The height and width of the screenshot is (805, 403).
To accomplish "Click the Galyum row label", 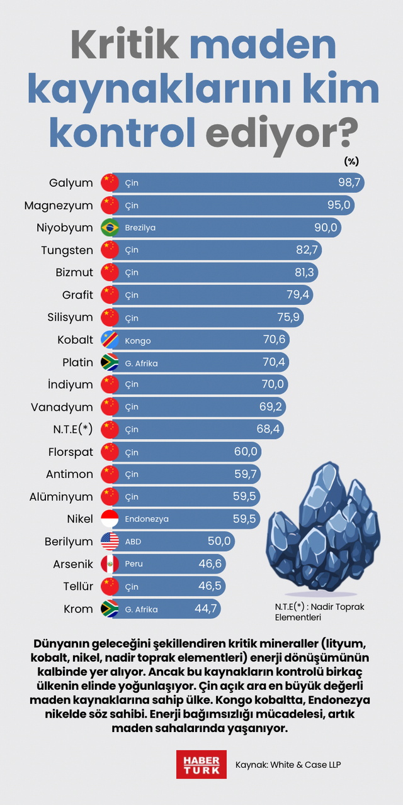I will pos(71,183).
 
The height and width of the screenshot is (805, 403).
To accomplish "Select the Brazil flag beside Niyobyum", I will pos(110,228).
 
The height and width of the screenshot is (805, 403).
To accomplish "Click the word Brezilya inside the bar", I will pos(140,228).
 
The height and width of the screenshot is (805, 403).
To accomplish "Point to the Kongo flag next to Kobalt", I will pos(110,340).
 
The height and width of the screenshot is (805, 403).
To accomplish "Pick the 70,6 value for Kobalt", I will pos(275,340).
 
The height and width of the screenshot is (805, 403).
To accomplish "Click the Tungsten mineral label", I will pos(67,250).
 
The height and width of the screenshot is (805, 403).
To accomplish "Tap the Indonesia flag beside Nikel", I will pos(110,519).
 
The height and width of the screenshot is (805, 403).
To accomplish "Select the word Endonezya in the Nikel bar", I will pos(147,519).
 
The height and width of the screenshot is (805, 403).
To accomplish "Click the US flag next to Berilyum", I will pos(110,541).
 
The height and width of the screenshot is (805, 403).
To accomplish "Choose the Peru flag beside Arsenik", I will pos(110,564).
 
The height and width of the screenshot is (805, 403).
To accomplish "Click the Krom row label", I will pos(78,609).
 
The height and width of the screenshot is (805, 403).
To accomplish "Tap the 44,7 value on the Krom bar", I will pos(206,609).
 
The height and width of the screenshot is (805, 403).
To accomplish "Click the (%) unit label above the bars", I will pos(351,161).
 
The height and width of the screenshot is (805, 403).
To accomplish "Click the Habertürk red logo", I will pos(201,764).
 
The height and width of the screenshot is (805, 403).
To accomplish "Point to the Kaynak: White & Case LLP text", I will pos(288,765).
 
